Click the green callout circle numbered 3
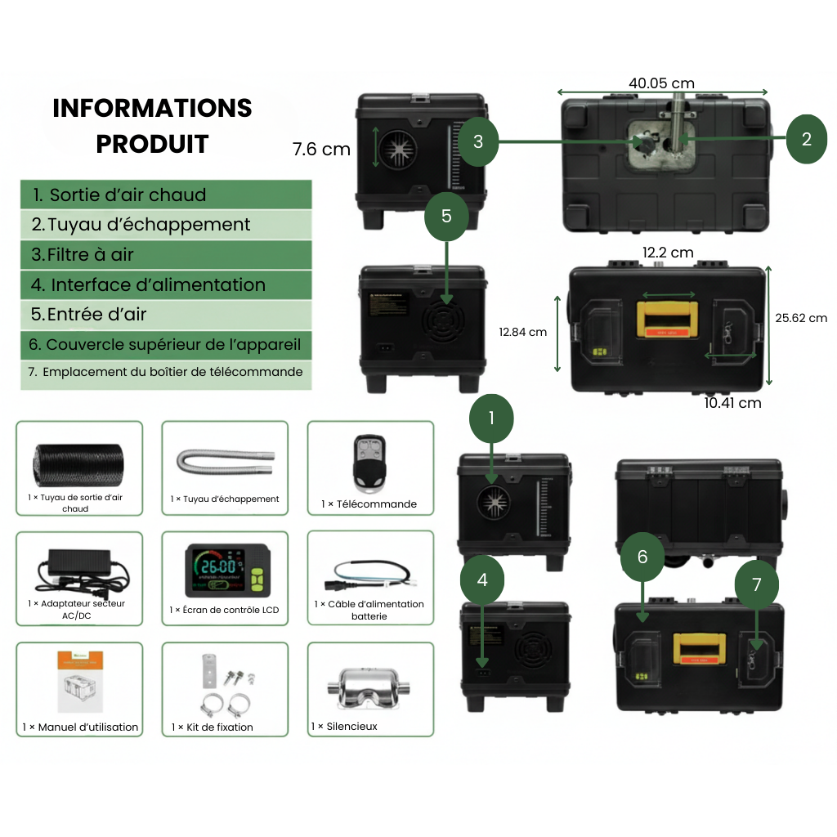coord(478,141)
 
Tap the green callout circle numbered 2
coord(807,139)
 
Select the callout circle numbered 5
coord(446,216)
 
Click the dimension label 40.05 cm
coord(661,83)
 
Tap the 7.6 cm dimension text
coord(321,150)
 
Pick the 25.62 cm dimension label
coord(800,318)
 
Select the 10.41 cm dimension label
coord(732,402)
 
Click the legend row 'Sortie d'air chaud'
coord(166,195)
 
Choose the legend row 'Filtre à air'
coord(166,254)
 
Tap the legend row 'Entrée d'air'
coord(166,314)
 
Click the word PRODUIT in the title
coord(152,144)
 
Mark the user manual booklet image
coord(80,681)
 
